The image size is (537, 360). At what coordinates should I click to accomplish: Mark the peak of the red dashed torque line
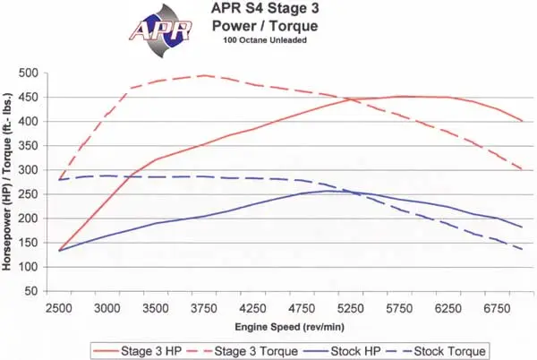[x=205, y=75]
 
